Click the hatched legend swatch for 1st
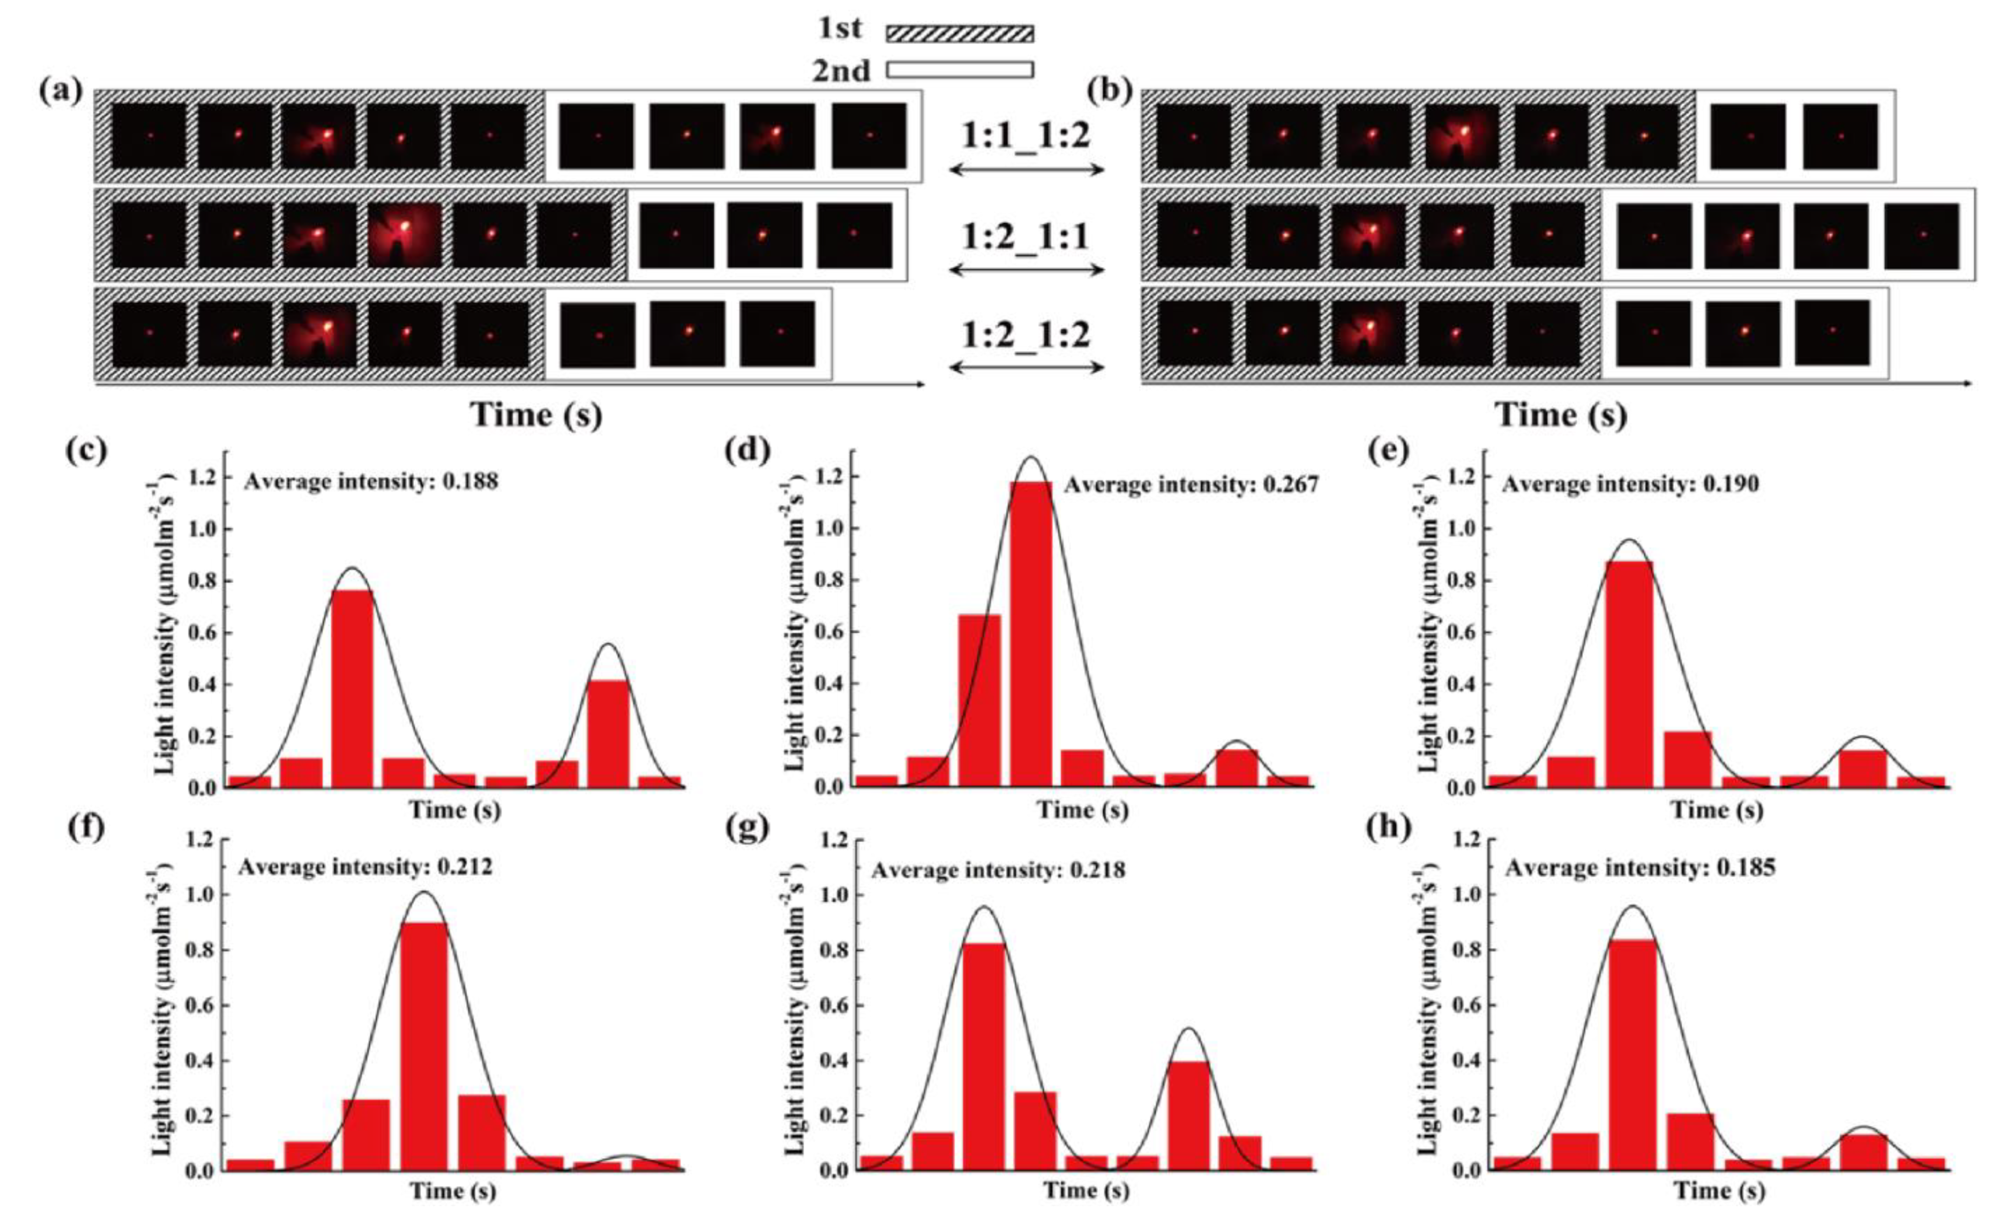(960, 33)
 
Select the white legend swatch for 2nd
(960, 70)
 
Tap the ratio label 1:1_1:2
(1026, 135)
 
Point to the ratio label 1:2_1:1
(1026, 237)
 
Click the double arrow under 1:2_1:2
(1026, 368)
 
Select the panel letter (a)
(61, 91)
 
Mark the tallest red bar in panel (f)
(424, 1045)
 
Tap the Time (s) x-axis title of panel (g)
(1085, 1190)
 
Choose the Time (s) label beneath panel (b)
(1560, 415)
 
